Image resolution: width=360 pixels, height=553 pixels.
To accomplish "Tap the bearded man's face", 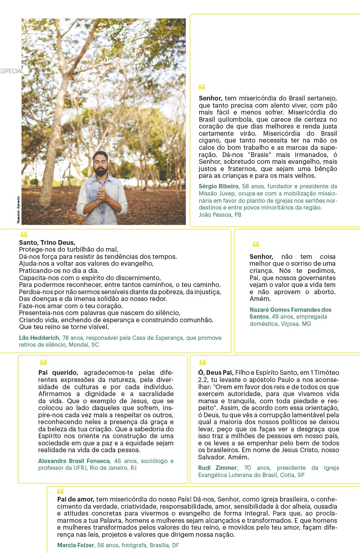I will click(101, 165).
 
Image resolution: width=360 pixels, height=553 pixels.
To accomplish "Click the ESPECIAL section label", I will click(12, 71).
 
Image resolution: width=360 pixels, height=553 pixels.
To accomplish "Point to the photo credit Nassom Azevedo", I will click(18, 210).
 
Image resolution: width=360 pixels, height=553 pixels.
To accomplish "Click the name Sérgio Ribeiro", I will click(219, 186).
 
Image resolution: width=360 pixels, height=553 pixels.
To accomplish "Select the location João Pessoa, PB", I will click(220, 215).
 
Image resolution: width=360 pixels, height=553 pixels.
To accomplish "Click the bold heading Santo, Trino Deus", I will click(47, 243).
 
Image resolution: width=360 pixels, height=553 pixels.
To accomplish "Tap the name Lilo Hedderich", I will click(39, 338).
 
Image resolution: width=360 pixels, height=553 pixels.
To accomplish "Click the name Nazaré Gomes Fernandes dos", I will click(290, 310).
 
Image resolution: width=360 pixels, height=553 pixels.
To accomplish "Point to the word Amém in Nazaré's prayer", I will click(260, 299).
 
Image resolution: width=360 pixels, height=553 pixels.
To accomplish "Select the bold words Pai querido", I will click(58, 373).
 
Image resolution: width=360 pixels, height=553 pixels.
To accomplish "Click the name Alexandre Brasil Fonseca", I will click(74, 461).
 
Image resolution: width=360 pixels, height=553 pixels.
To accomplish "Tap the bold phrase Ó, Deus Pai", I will click(216, 373).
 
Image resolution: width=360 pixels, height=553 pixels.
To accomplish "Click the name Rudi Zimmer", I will click(217, 468).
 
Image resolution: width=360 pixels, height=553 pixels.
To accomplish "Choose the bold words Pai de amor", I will click(76, 499).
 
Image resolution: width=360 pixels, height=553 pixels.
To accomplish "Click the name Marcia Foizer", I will click(76, 545).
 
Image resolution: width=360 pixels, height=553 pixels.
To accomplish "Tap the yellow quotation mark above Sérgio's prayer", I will click(202, 87).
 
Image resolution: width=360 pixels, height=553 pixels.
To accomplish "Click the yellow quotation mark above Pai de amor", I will click(60, 491).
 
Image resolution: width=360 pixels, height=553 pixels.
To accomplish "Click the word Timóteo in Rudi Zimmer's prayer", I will click(327, 373).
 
